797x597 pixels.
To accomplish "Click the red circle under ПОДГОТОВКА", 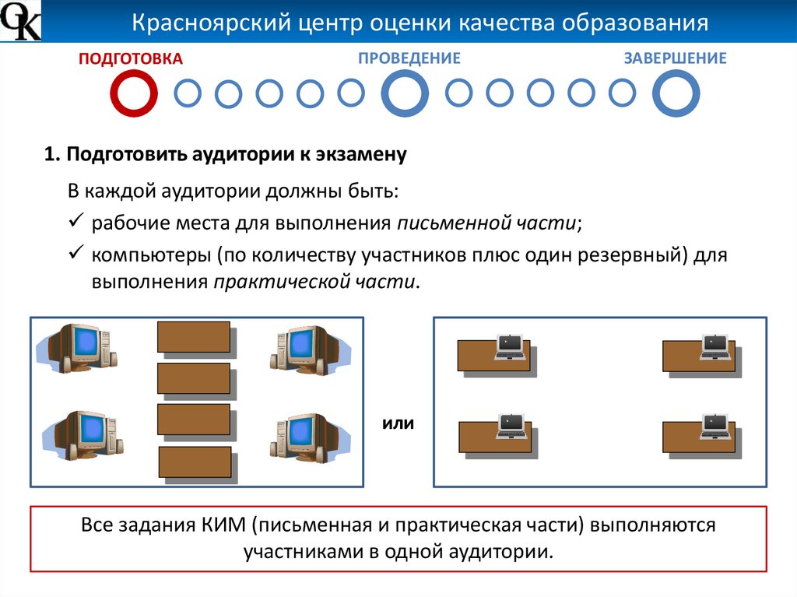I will tap(133, 93).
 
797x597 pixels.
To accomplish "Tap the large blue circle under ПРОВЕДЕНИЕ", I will tap(405, 93).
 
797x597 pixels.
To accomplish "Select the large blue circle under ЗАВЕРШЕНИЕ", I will tap(676, 93).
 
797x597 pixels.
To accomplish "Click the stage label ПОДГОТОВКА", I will tap(131, 58).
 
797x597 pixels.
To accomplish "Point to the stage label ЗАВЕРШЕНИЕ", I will tap(675, 58).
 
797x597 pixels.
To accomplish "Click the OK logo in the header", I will tap(21, 22).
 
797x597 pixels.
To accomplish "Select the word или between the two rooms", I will tap(398, 424).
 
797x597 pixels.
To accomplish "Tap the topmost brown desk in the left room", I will tap(194, 337).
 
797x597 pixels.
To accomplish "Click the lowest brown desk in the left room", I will tap(195, 462).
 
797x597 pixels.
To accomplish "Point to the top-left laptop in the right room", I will tap(510, 347).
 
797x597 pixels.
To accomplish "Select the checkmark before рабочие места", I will tap(76, 223).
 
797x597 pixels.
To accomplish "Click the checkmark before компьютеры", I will tap(76, 255).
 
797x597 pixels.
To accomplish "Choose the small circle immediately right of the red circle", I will tap(187, 93).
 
